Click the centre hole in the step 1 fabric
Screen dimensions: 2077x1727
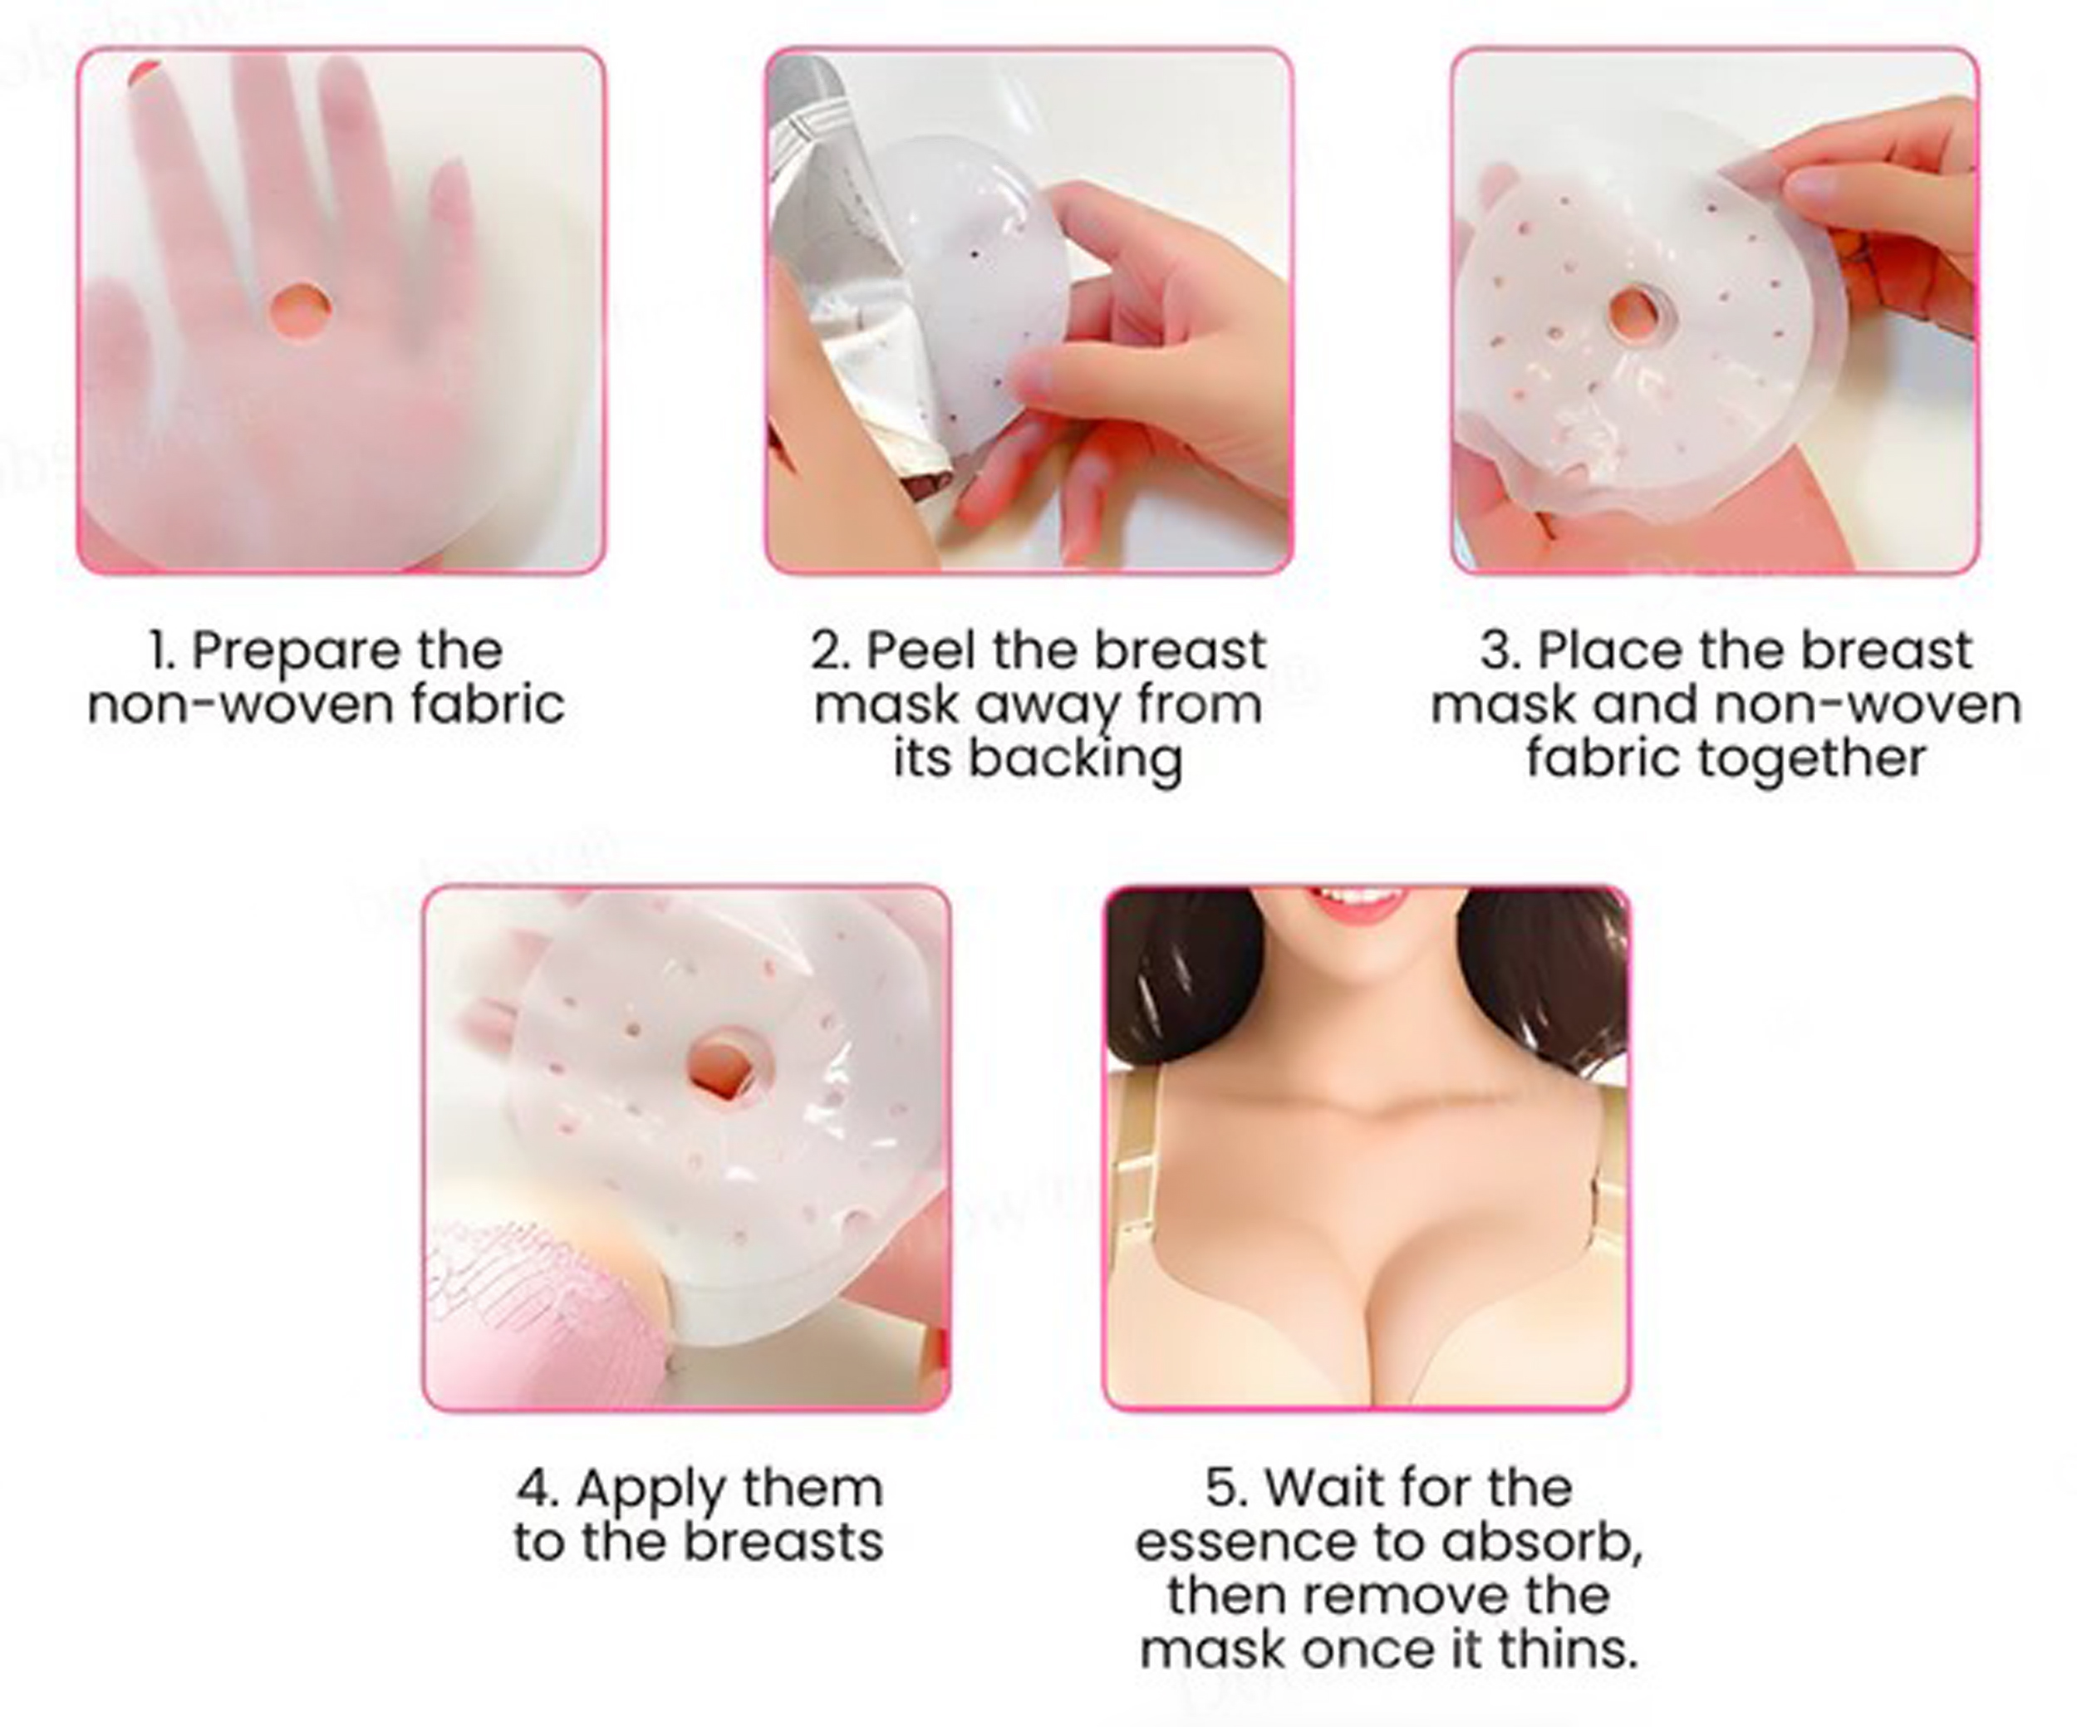(300, 311)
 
